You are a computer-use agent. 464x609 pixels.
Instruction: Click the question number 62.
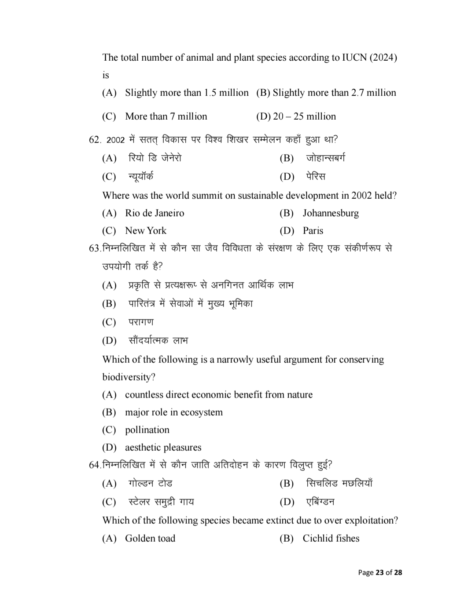[x=95, y=140]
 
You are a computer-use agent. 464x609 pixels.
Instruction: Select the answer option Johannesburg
[x=330, y=213]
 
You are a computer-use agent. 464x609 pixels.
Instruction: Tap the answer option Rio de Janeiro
[x=155, y=213]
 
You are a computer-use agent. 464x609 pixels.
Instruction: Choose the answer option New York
[x=146, y=231]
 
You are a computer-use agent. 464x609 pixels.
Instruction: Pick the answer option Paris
[x=313, y=231]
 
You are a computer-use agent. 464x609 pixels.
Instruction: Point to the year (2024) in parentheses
[x=383, y=58]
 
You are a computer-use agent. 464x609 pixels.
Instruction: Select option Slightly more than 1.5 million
[x=187, y=93]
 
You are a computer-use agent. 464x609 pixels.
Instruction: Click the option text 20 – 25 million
[x=304, y=117]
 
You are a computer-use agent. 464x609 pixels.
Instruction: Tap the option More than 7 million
[x=166, y=117]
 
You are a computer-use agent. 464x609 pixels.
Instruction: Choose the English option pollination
[x=147, y=430]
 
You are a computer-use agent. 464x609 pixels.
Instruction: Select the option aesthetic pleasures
[x=163, y=448]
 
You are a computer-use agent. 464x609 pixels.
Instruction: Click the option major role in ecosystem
[x=174, y=412]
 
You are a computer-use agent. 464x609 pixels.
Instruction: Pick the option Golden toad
[x=150, y=539]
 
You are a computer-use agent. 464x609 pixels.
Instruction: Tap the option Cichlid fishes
[x=331, y=539]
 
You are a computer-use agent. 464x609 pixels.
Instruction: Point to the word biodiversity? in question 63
[x=129, y=377]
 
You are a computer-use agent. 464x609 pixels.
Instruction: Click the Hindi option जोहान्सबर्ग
[x=325, y=158]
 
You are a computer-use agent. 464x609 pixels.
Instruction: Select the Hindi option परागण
[x=141, y=322]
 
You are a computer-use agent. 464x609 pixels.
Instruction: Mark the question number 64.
[x=95, y=465]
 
